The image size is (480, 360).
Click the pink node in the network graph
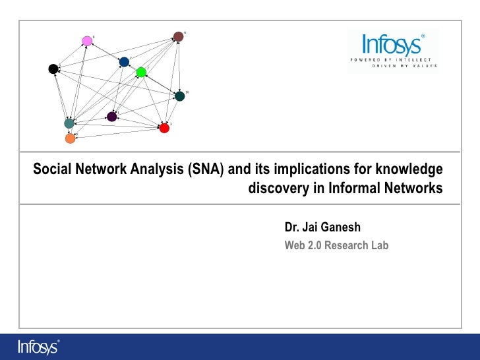(x=87, y=41)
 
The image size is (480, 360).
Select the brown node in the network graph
(x=178, y=36)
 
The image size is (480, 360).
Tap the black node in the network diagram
(x=53, y=69)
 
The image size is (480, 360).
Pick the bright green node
(x=141, y=73)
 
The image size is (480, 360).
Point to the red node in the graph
(x=164, y=127)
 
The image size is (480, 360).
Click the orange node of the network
(x=71, y=138)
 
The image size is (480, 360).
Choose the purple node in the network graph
(x=111, y=117)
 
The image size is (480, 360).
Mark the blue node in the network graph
(x=124, y=62)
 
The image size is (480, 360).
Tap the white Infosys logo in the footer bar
(x=38, y=346)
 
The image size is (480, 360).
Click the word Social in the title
(x=51, y=170)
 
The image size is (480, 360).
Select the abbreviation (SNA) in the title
(x=206, y=170)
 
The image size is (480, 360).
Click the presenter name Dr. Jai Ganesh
(x=322, y=227)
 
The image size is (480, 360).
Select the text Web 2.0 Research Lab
(x=336, y=246)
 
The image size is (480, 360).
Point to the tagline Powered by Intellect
(x=392, y=59)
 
